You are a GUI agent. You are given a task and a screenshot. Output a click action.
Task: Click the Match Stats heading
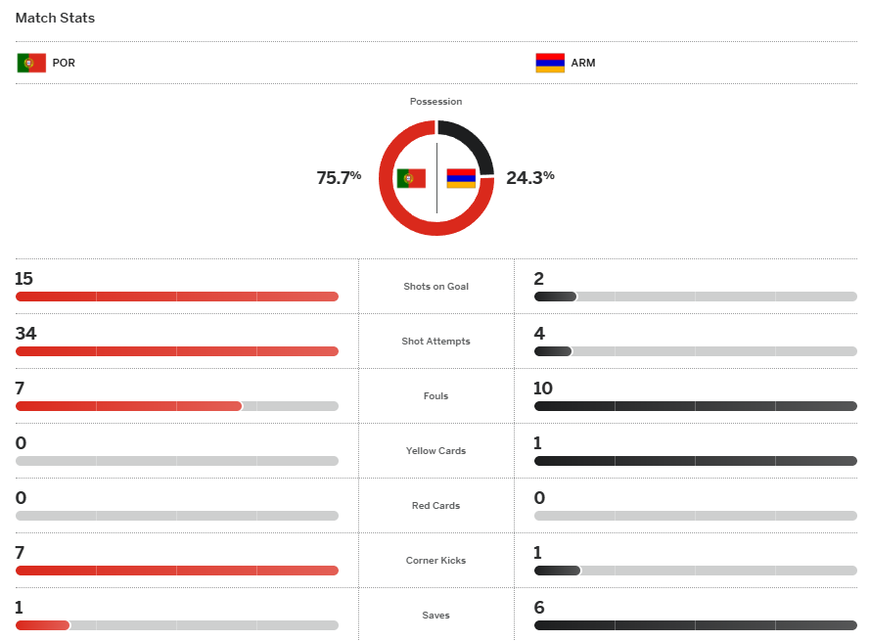(x=55, y=18)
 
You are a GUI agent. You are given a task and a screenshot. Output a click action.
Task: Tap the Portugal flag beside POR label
(x=31, y=63)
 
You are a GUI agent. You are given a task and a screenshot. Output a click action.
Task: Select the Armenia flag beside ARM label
(x=549, y=63)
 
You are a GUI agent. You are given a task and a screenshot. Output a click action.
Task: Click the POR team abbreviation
(x=64, y=63)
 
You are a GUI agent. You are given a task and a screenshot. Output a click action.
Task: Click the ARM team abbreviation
(x=583, y=63)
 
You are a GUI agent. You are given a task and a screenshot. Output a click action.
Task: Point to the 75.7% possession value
(x=339, y=177)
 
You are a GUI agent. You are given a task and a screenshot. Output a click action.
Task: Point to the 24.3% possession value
(x=530, y=177)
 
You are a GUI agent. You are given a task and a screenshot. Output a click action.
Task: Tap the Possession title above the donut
(x=435, y=102)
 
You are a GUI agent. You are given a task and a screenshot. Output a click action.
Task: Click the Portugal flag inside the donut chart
(x=411, y=178)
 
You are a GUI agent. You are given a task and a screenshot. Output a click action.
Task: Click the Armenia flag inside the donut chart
(x=461, y=178)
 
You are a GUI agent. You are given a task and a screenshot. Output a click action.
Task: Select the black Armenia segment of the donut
(x=470, y=142)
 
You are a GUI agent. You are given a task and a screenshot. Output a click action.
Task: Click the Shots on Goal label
(x=435, y=287)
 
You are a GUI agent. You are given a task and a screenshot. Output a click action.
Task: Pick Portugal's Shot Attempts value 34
(x=25, y=334)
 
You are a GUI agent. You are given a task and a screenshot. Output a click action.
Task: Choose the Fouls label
(x=435, y=396)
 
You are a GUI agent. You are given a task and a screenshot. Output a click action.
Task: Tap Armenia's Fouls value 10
(x=543, y=389)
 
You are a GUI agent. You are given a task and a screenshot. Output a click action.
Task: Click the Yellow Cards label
(x=435, y=451)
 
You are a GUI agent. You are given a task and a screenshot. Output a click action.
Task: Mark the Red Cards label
(x=435, y=506)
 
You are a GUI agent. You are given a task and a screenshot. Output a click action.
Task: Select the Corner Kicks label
(x=435, y=561)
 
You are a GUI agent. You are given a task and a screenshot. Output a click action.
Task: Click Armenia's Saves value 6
(x=539, y=608)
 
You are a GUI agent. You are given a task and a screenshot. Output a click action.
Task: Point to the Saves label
(x=435, y=616)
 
